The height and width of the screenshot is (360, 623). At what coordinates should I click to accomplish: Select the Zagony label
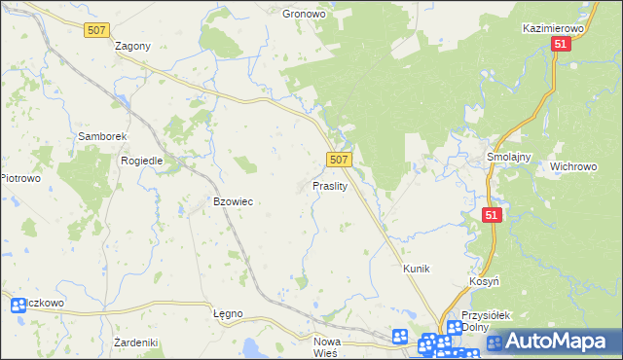click(x=132, y=46)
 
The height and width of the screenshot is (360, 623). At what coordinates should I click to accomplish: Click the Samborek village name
click(x=98, y=137)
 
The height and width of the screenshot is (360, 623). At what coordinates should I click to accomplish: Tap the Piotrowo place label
click(x=19, y=178)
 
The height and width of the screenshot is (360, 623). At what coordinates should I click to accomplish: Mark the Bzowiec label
click(x=233, y=201)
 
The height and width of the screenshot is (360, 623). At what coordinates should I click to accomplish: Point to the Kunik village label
click(x=417, y=268)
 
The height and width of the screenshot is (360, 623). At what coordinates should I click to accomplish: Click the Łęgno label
click(x=227, y=313)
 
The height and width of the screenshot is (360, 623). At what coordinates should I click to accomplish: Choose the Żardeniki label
click(x=135, y=342)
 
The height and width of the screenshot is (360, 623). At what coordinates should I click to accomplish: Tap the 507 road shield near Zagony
click(x=95, y=31)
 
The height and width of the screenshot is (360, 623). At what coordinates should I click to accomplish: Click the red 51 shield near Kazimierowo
click(x=560, y=45)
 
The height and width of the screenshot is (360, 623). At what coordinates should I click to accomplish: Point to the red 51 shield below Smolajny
click(x=492, y=215)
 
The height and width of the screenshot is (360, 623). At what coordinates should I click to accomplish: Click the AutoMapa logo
click(x=552, y=342)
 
